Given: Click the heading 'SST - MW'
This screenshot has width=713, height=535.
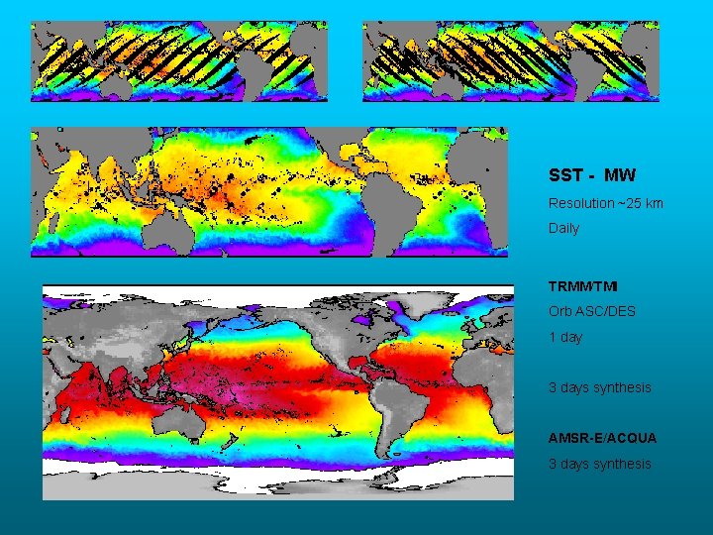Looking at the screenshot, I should pos(592,175).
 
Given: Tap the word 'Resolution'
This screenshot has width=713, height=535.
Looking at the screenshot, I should pos(581,203).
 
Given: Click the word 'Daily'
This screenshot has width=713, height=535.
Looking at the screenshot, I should pos(563,228).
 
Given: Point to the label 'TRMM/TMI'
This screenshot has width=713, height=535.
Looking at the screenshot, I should pos(582,286).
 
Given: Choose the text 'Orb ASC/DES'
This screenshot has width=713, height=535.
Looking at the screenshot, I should pos(592,311).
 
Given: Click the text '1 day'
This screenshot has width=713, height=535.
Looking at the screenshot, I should pos(565,337).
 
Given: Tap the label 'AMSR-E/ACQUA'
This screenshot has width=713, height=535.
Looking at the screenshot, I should pos(602,438).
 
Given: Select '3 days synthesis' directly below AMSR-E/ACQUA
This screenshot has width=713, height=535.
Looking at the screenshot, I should pos(600,464).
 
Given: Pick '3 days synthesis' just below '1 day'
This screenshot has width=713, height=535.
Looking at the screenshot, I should pos(600,387).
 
